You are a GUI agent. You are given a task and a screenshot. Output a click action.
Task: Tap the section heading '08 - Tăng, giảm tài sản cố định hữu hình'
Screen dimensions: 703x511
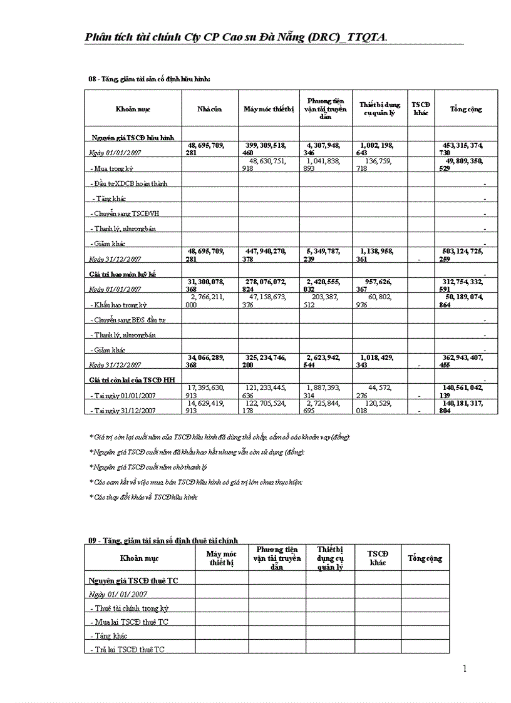click(x=149, y=79)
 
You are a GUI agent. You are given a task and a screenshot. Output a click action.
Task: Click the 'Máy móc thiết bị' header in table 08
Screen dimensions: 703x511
click(x=269, y=110)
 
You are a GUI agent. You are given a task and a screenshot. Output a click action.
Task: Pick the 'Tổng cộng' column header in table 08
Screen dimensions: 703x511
click(x=466, y=110)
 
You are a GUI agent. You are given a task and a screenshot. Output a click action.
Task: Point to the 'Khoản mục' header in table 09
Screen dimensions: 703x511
click(x=139, y=557)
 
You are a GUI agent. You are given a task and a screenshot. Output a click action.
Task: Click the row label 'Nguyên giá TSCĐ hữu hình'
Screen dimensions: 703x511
click(x=132, y=136)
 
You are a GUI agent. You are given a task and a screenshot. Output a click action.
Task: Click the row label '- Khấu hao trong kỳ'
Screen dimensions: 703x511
click(x=118, y=305)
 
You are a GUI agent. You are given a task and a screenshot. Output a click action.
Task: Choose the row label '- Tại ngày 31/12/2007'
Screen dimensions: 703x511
click(x=124, y=410)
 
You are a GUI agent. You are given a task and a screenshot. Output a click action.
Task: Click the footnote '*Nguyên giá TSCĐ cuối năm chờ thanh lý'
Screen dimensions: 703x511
click(x=148, y=466)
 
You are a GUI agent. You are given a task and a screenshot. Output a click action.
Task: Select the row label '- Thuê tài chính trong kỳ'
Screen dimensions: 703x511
click(x=128, y=608)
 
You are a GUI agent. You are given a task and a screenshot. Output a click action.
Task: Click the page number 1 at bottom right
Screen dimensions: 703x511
click(x=465, y=669)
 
